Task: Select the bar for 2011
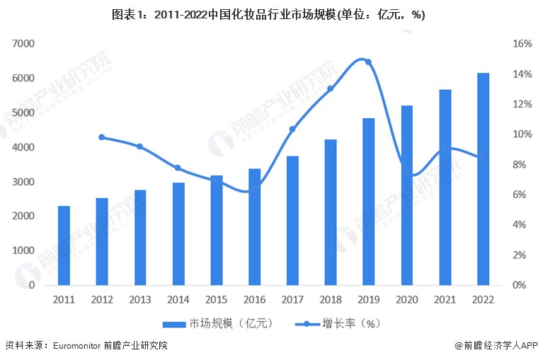click(x=64, y=245)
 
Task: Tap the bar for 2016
click(x=254, y=226)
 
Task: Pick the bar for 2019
click(x=368, y=202)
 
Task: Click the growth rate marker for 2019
click(x=368, y=62)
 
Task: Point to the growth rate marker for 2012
click(x=102, y=137)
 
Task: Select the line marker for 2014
click(x=178, y=168)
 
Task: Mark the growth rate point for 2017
click(x=292, y=129)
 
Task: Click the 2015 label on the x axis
click(x=216, y=299)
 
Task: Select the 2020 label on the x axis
click(x=406, y=299)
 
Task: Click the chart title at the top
click(x=268, y=15)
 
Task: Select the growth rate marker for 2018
click(x=330, y=89)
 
